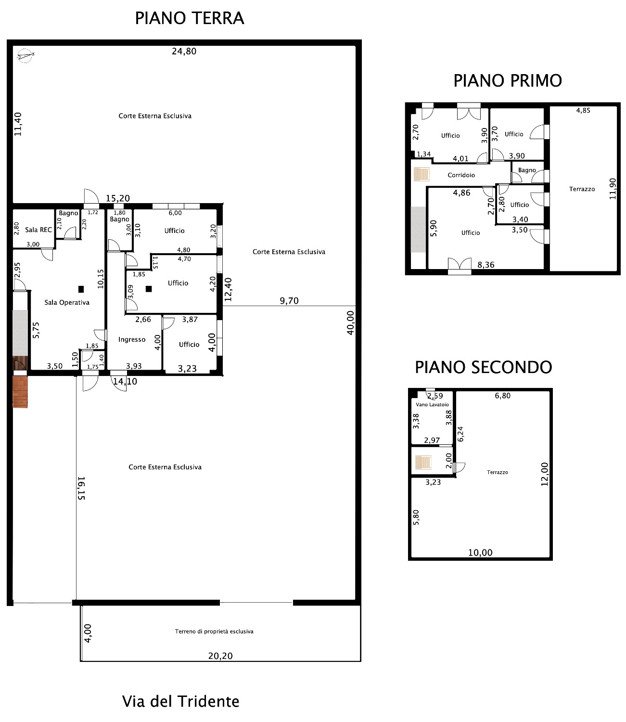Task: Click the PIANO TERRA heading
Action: (190, 18)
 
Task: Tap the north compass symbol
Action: (25, 55)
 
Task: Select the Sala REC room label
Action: (38, 230)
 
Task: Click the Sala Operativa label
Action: (67, 302)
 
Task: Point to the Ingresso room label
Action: (131, 339)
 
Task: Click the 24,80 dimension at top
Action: (184, 52)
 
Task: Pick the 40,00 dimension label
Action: (350, 322)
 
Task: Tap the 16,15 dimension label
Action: (81, 488)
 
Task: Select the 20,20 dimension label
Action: (220, 656)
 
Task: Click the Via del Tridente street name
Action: (180, 701)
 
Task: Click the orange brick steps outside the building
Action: (20, 392)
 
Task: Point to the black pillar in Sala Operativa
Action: (81, 289)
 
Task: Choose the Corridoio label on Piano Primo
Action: (461, 175)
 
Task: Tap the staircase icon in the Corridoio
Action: (422, 174)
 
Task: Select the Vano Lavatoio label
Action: (433, 404)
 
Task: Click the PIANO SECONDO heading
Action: (484, 367)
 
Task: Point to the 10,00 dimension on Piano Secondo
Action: (480, 553)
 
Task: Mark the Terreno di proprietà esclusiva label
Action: (214, 632)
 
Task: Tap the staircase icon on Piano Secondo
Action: (423, 462)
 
